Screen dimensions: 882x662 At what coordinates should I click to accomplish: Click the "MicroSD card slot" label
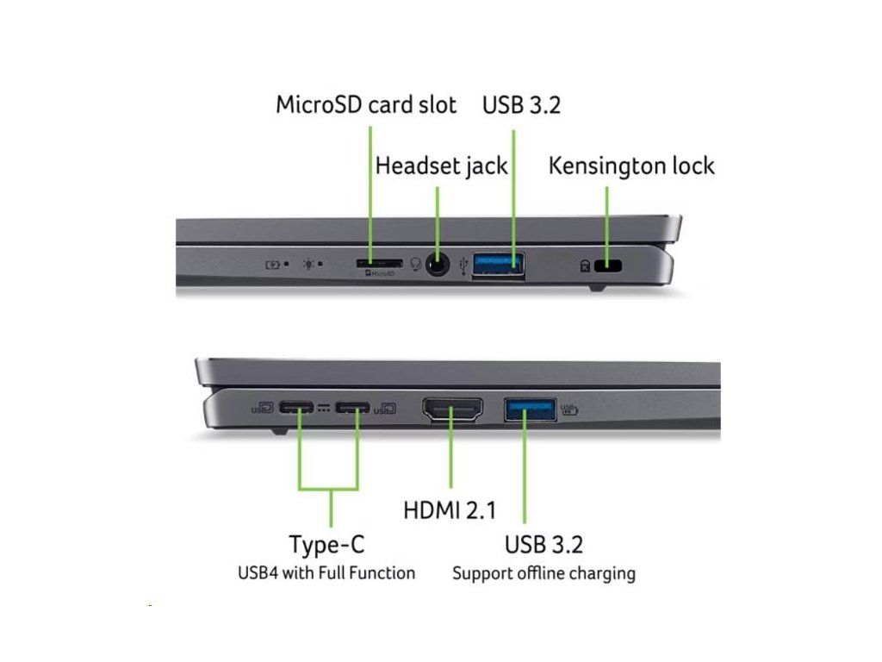click(x=366, y=105)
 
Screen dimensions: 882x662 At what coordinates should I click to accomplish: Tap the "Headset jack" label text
click(x=441, y=165)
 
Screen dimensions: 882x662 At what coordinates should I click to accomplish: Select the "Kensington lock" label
click(x=631, y=165)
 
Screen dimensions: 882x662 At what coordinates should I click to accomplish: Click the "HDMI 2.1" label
click(x=450, y=510)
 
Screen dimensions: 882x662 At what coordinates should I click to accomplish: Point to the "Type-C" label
click(x=326, y=545)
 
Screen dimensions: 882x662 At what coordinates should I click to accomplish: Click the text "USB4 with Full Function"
click(x=326, y=572)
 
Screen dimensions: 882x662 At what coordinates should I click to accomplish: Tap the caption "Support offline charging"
click(x=543, y=572)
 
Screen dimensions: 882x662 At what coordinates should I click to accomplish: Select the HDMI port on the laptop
click(x=452, y=409)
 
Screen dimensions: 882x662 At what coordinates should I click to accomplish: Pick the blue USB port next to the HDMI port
click(x=530, y=409)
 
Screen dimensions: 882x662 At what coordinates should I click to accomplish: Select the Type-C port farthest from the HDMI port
click(x=299, y=408)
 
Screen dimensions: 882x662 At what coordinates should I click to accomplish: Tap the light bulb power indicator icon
click(x=308, y=263)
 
